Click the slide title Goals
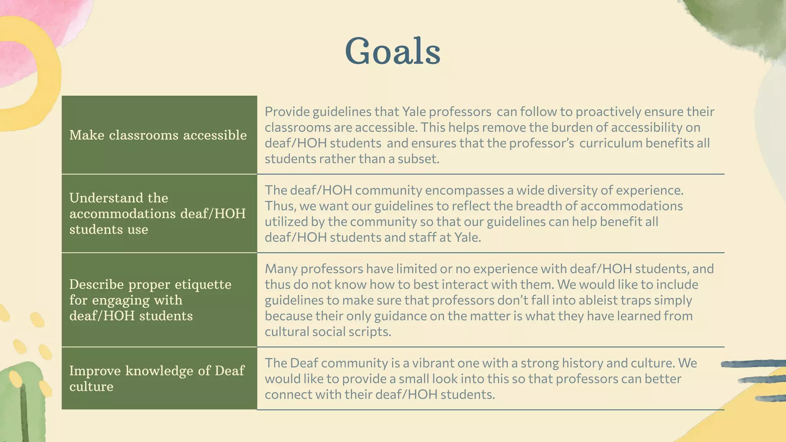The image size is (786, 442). tap(393, 51)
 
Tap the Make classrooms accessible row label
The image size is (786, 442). tap(158, 135)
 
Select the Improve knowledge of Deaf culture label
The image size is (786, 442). tap(157, 378)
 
